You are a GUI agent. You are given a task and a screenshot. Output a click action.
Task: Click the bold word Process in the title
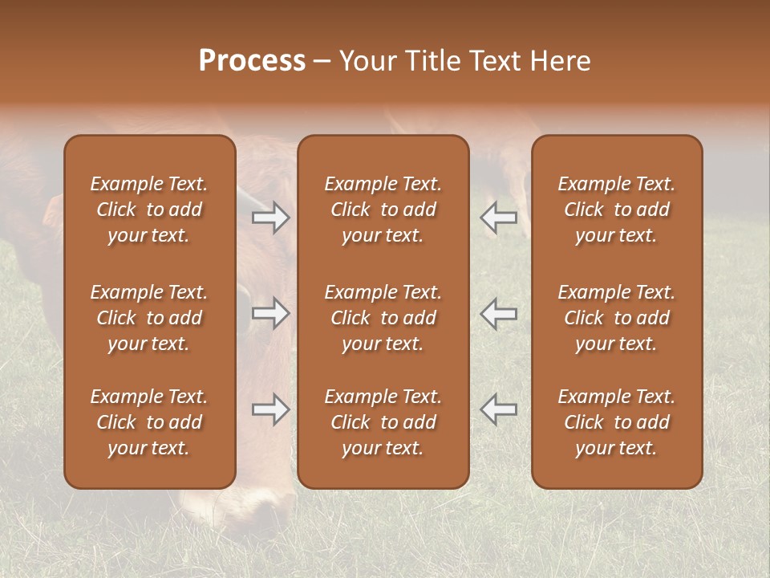point(252,61)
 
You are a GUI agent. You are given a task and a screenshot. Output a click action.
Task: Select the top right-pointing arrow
point(270,218)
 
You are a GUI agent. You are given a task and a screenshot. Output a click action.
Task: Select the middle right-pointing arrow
point(270,313)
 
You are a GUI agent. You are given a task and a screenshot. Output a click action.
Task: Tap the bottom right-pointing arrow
point(270,409)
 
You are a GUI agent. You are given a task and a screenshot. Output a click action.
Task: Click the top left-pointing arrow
point(498,218)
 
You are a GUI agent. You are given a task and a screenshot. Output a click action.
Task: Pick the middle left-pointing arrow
point(498,313)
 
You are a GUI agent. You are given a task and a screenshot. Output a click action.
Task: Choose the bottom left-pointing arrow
point(498,409)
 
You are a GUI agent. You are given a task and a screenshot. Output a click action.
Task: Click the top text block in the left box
point(149,210)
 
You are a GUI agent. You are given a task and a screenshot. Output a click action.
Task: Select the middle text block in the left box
point(149,318)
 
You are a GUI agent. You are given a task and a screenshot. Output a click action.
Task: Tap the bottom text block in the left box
point(149,422)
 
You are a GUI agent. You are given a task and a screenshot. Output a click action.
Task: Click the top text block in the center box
point(383,210)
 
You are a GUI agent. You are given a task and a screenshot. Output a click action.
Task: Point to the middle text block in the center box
point(383,318)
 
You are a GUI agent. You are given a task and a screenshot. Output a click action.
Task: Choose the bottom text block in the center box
point(383,422)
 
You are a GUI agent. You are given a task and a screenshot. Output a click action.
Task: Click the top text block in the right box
point(617,210)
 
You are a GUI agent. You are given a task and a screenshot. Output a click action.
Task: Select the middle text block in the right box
point(617,318)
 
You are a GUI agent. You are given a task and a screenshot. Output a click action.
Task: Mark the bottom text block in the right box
point(617,422)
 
